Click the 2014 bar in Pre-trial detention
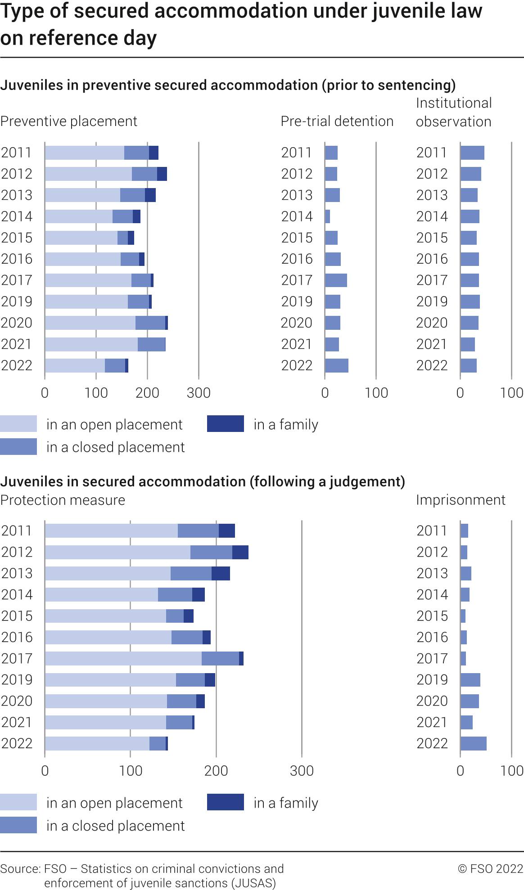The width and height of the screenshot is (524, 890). tap(328, 216)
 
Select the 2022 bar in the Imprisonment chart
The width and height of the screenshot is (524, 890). tap(474, 744)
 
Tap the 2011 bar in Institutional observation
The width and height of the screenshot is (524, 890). tap(472, 153)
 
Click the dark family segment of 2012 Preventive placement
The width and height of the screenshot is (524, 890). tap(162, 174)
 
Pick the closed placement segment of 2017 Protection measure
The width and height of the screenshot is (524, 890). tap(220, 659)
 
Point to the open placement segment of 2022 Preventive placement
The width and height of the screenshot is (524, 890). tap(75, 366)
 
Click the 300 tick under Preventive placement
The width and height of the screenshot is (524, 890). tap(199, 393)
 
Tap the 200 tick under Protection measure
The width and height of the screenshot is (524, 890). tap(216, 771)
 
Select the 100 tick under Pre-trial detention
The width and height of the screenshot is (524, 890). tap(376, 393)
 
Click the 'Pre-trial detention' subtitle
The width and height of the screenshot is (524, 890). tap(337, 121)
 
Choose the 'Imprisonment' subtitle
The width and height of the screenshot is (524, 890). tap(461, 500)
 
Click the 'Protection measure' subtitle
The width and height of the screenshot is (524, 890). tap(63, 500)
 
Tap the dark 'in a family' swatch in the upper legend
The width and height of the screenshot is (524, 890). tap(226, 424)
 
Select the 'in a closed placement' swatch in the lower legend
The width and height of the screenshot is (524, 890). tap(18, 825)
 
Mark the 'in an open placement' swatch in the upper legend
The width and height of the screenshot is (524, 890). tap(18, 424)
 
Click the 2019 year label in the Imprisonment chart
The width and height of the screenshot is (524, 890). tap(432, 680)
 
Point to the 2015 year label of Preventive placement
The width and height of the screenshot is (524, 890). tap(17, 238)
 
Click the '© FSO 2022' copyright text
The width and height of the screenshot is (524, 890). tap(491, 869)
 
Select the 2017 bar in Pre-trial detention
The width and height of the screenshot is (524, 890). tap(336, 280)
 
